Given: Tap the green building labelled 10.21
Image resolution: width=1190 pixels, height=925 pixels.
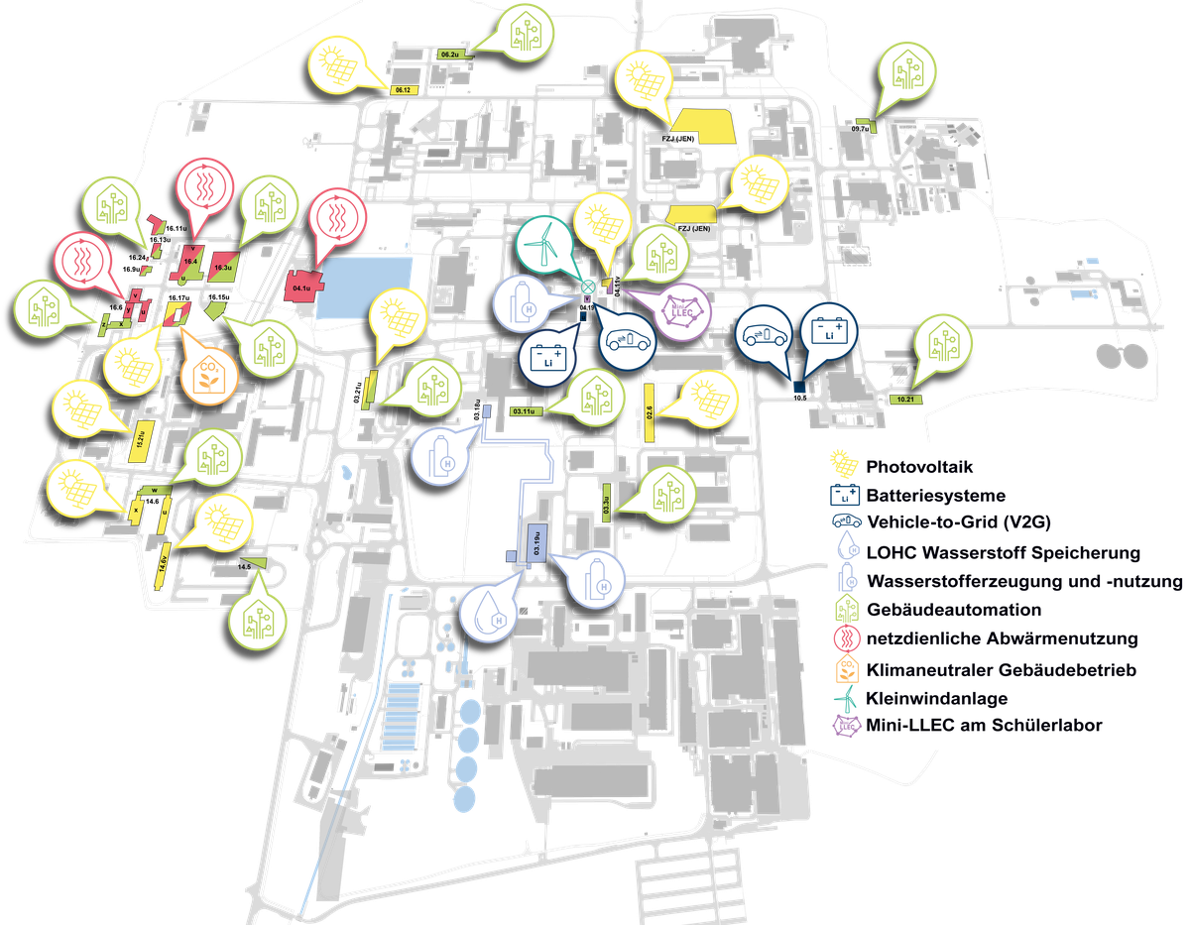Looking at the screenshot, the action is [x=902, y=398].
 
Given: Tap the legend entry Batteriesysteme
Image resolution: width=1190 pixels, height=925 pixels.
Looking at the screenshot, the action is [x=935, y=495].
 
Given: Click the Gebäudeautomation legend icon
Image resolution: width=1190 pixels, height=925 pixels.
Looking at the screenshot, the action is [x=845, y=610].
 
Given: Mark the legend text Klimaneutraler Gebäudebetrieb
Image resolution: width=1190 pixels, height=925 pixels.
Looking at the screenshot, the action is [x=1001, y=669].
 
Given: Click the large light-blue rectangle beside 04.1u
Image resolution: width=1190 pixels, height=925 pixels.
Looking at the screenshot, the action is [x=368, y=282].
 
